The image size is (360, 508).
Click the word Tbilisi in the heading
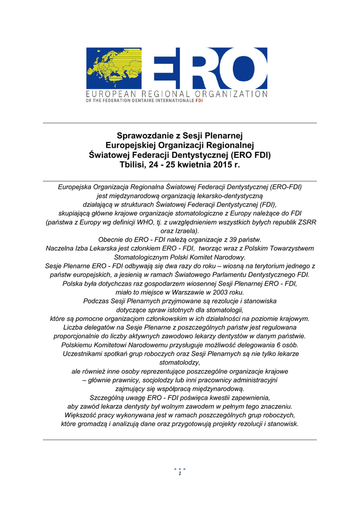click(x=131, y=164)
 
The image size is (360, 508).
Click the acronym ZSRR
click(x=306, y=222)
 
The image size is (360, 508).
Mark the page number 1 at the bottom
click(x=179, y=474)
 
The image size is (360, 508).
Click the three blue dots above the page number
click(x=180, y=468)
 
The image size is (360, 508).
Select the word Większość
click(x=81, y=415)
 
